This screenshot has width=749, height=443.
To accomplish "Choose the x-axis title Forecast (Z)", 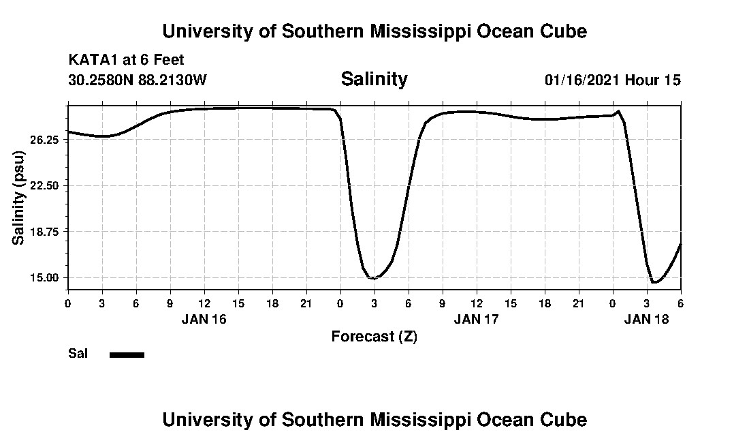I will (374, 337).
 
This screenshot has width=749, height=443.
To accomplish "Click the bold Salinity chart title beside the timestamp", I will (374, 79).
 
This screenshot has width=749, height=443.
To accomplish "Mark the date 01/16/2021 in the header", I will (582, 80).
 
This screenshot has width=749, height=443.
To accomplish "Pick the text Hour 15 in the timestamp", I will (653, 80).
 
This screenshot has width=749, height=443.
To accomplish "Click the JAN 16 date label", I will (204, 318).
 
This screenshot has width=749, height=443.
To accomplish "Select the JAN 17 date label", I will (477, 318).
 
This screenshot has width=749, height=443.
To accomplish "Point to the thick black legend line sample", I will (127, 354).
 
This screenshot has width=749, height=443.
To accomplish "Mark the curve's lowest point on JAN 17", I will (373, 278).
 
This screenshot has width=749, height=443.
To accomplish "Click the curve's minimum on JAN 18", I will (654, 282).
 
